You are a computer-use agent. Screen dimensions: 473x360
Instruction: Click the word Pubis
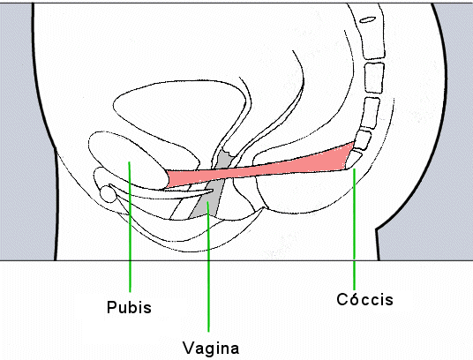pos(129,307)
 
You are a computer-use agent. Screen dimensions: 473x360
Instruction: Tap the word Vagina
pos(211,349)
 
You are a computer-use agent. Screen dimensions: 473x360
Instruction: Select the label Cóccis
pos(365,299)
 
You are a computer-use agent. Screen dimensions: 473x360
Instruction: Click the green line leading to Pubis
pos(130,227)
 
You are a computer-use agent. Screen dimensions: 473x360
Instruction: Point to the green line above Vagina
pos(208,266)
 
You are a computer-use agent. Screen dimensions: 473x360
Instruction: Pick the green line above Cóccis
pos(354,229)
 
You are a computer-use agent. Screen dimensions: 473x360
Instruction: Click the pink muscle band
pos(259,169)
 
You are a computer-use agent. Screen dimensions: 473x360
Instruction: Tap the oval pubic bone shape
pos(128,160)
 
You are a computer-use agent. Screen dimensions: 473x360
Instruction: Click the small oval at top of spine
pos(368,20)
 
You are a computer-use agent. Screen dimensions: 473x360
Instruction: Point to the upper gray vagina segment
pos(224,159)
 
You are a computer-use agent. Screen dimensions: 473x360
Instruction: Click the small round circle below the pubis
pos(108,194)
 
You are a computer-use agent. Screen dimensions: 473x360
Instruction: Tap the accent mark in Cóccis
pos(353,293)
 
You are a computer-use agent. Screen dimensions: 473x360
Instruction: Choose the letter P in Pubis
pos(112,307)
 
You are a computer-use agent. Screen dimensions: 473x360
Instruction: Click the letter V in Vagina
pos(190,348)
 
